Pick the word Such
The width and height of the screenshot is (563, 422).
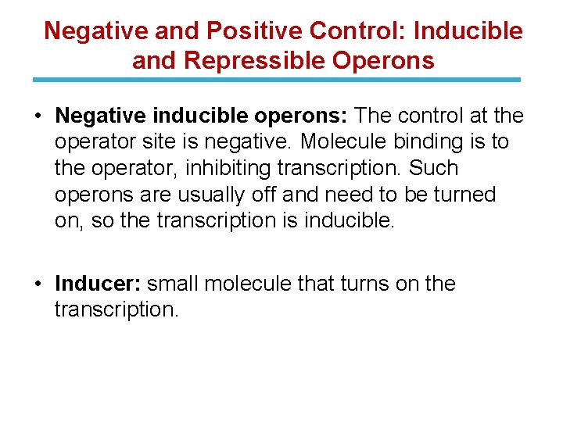(x=434, y=168)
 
